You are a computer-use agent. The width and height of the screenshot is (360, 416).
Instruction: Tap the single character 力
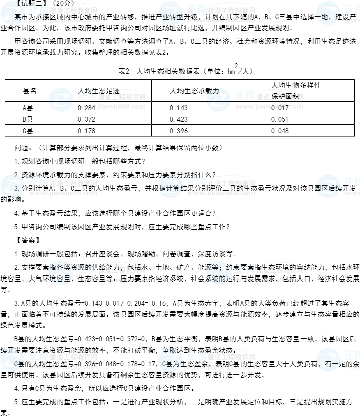(216, 91)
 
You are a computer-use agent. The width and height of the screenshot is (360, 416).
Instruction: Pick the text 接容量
(60, 278)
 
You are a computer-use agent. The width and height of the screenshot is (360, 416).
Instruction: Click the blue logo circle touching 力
(219, 100)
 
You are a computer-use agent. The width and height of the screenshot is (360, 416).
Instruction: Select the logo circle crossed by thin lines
(61, 100)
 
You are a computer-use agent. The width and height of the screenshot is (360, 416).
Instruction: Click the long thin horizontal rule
(179, 136)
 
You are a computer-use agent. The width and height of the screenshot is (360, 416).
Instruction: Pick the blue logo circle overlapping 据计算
(170, 186)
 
